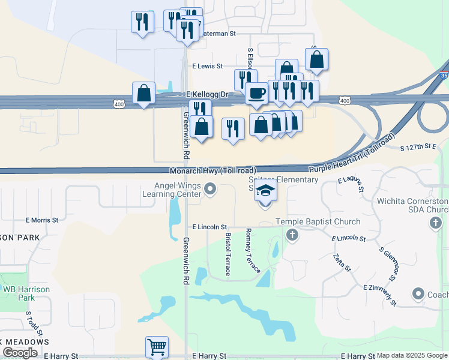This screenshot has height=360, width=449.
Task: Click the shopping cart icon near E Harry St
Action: [x=156, y=346]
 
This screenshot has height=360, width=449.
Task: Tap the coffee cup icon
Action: [x=256, y=93]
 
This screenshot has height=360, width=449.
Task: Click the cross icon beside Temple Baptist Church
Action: [x=292, y=234]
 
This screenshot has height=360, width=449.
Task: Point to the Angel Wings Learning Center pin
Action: [x=209, y=190]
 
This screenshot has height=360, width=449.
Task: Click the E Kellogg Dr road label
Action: [x=208, y=95]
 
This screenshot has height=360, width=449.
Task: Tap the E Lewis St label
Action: [x=208, y=66]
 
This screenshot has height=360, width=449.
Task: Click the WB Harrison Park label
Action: [x=26, y=293]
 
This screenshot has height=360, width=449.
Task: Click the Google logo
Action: [x=20, y=353]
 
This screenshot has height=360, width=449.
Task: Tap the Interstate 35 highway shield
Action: [x=444, y=76]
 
